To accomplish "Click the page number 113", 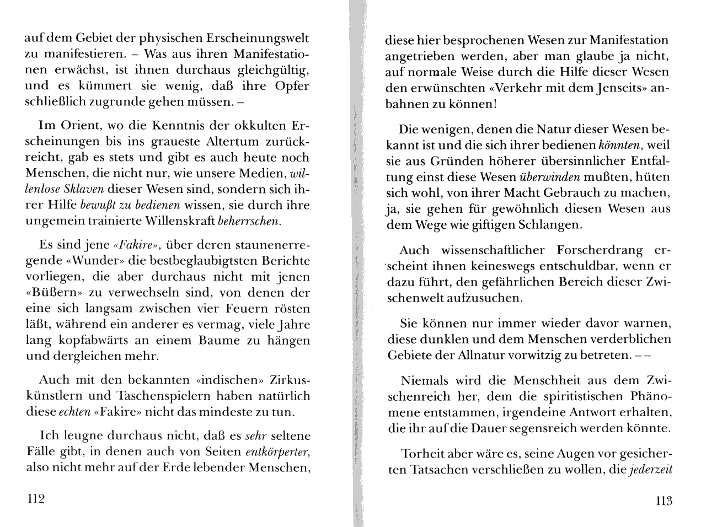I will pyautogui.click(x=664, y=501).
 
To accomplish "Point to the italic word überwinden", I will pyautogui.click(x=549, y=177).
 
